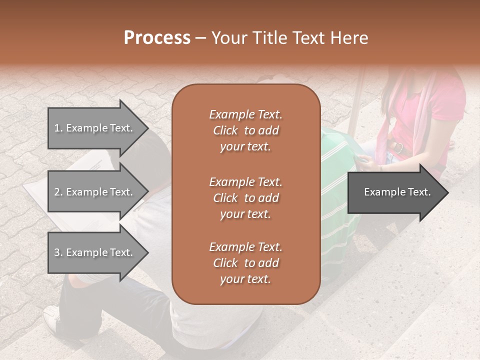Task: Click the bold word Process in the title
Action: point(157,38)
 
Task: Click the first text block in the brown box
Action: point(245,130)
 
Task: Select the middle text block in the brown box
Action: point(245,198)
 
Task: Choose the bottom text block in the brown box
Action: point(245,263)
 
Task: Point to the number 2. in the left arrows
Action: point(58,192)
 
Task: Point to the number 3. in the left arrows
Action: point(58,252)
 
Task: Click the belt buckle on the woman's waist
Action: point(398,147)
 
